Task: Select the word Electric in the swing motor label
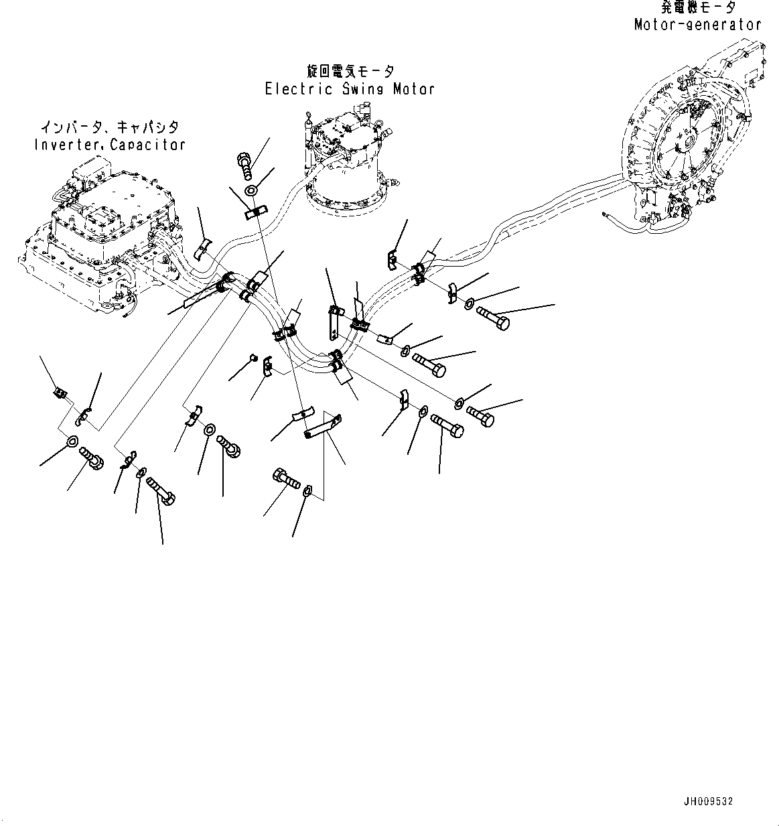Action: click(299, 89)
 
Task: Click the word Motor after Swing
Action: click(414, 89)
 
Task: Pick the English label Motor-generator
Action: click(698, 25)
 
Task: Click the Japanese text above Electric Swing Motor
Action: click(350, 72)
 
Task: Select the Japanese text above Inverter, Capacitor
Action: click(110, 127)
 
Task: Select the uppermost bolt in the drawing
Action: click(244, 166)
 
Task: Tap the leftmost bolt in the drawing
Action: click(91, 459)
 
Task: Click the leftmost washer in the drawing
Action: click(73, 440)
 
